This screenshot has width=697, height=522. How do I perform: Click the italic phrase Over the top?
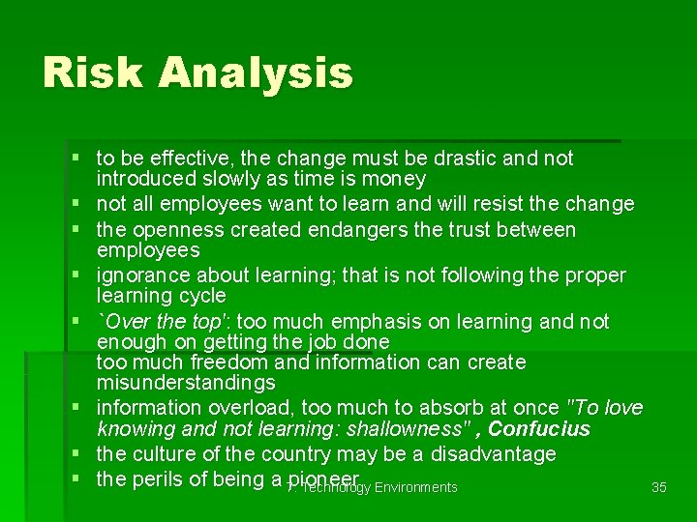tap(167, 321)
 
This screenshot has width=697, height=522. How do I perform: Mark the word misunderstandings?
tap(186, 384)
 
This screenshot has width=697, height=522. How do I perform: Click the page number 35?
tap(659, 487)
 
